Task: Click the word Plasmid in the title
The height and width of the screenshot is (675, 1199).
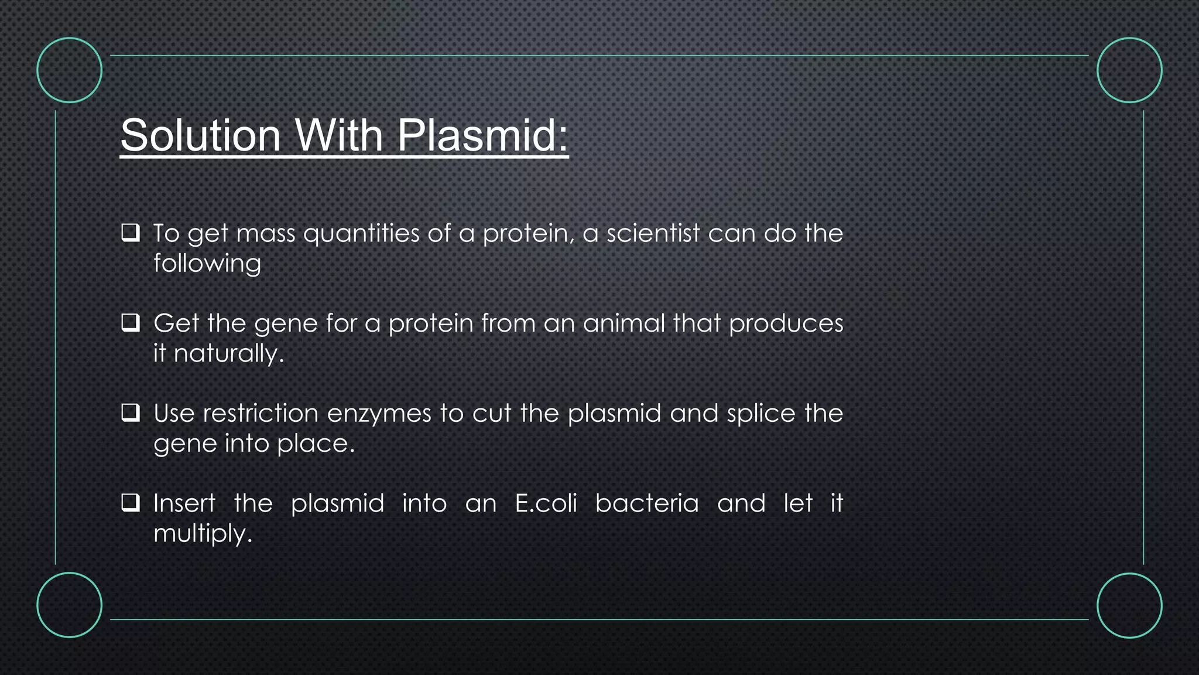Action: (482, 136)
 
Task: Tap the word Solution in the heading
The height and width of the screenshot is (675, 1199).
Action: (201, 136)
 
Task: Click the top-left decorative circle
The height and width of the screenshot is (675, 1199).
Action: (70, 70)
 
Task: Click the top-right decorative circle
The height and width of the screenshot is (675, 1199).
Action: (1129, 70)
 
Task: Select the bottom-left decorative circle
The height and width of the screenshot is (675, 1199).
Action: (70, 605)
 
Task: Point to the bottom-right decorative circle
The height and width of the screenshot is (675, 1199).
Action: (1129, 605)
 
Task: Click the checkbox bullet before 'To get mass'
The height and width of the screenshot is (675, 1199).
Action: (131, 233)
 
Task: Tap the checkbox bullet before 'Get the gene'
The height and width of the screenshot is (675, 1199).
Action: (131, 323)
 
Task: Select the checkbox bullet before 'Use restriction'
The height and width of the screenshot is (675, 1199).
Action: (131, 412)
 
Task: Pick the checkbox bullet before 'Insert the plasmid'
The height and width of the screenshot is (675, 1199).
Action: (131, 503)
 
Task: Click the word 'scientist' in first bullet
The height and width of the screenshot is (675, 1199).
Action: (653, 233)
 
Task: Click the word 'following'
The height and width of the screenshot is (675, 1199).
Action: (207, 264)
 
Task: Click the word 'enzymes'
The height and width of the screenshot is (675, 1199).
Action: (379, 414)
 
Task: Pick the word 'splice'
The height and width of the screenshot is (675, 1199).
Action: (761, 414)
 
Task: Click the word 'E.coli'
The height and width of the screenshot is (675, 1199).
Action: (546, 503)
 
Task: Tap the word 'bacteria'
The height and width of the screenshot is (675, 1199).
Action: (647, 503)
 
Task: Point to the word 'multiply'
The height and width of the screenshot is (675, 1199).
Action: (202, 534)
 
